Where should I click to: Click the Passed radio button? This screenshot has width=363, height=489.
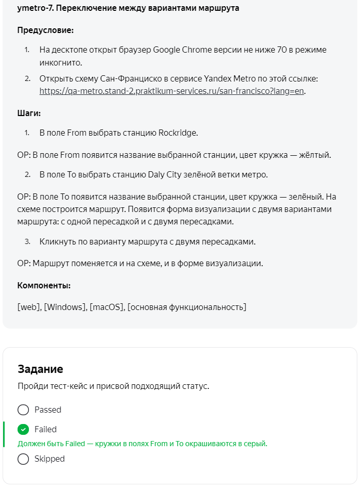pos(23,410)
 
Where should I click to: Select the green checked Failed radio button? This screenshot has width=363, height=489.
pos(23,429)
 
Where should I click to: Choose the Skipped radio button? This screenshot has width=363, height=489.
pos(23,459)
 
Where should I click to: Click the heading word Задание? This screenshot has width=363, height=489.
pos(40,369)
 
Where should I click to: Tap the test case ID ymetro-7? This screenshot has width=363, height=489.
pos(35,9)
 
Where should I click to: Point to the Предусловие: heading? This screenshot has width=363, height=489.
pos(45,30)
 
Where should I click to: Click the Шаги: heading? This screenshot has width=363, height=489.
pos(29,113)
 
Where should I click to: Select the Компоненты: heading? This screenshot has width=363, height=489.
pos(44,285)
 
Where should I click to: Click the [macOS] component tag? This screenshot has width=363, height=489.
pos(106,307)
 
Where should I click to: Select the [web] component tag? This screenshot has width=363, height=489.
pos(29,307)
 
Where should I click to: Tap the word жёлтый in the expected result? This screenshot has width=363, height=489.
pos(315,155)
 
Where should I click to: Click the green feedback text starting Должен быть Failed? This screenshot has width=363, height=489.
pos(143,444)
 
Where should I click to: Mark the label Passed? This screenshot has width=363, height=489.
pos(48,410)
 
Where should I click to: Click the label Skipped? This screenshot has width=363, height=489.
pos(50,459)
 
